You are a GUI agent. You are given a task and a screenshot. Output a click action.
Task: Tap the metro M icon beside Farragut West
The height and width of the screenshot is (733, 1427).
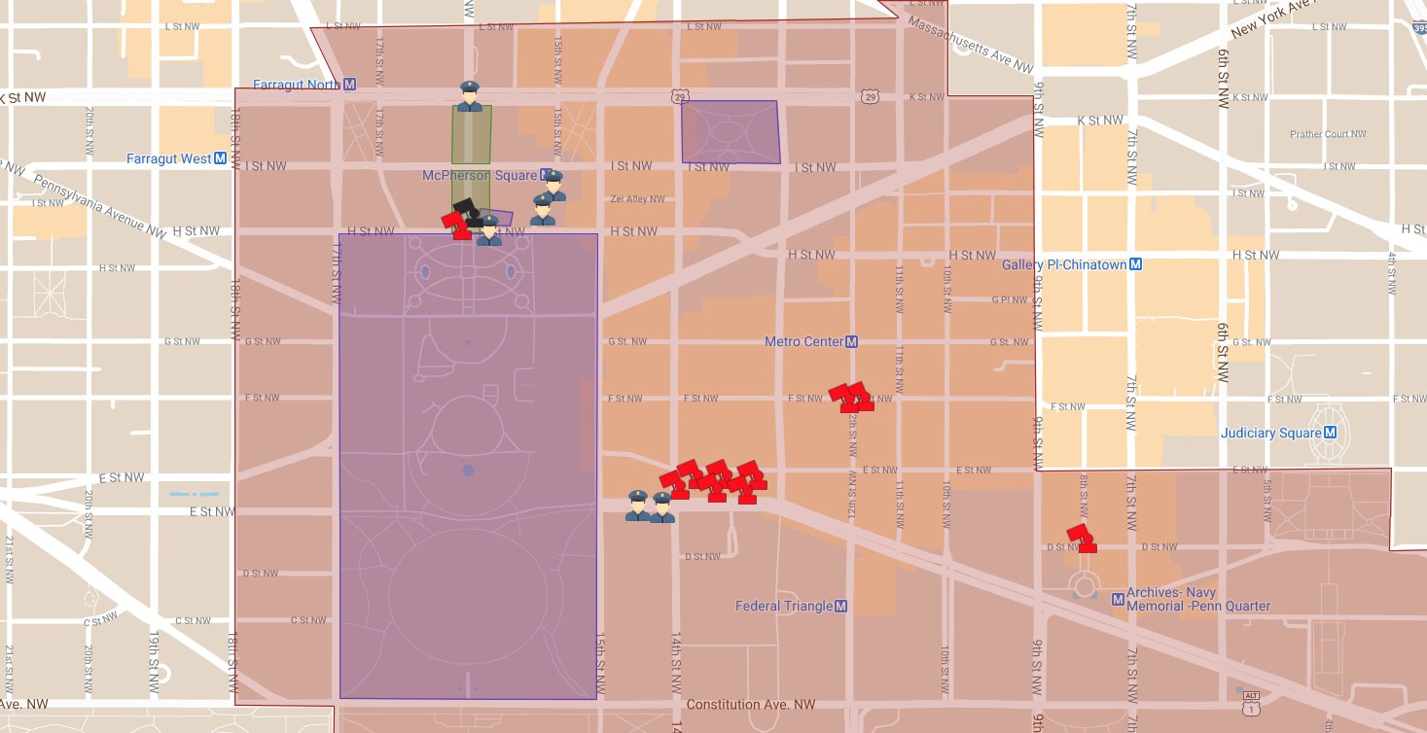point(221,158)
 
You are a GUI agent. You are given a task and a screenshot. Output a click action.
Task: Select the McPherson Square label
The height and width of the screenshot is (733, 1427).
point(480,176)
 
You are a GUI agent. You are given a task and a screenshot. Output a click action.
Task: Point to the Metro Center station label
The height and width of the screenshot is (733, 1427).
point(803,342)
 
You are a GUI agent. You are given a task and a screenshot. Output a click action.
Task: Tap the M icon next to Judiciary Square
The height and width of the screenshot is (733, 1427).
point(1330,434)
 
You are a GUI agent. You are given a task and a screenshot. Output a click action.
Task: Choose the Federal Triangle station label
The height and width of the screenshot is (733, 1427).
point(783,607)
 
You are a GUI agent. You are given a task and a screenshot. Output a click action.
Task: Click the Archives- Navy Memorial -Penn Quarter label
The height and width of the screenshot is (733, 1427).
point(1197,599)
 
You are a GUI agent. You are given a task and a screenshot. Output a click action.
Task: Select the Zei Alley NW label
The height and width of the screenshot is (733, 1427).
point(637,199)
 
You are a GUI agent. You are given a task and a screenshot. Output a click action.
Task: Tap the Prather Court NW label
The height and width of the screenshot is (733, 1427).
point(1328,134)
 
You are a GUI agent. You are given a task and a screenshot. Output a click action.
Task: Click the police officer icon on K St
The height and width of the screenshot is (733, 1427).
point(470,96)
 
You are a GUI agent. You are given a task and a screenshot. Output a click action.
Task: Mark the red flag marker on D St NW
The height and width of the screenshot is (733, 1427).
point(1081,539)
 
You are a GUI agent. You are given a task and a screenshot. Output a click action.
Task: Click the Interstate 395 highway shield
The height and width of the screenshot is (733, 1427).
point(1419,30)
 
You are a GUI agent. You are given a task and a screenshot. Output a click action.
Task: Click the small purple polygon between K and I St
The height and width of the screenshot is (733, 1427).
point(731,131)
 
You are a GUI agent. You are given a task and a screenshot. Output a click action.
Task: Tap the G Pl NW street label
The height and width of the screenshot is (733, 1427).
point(1010,299)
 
